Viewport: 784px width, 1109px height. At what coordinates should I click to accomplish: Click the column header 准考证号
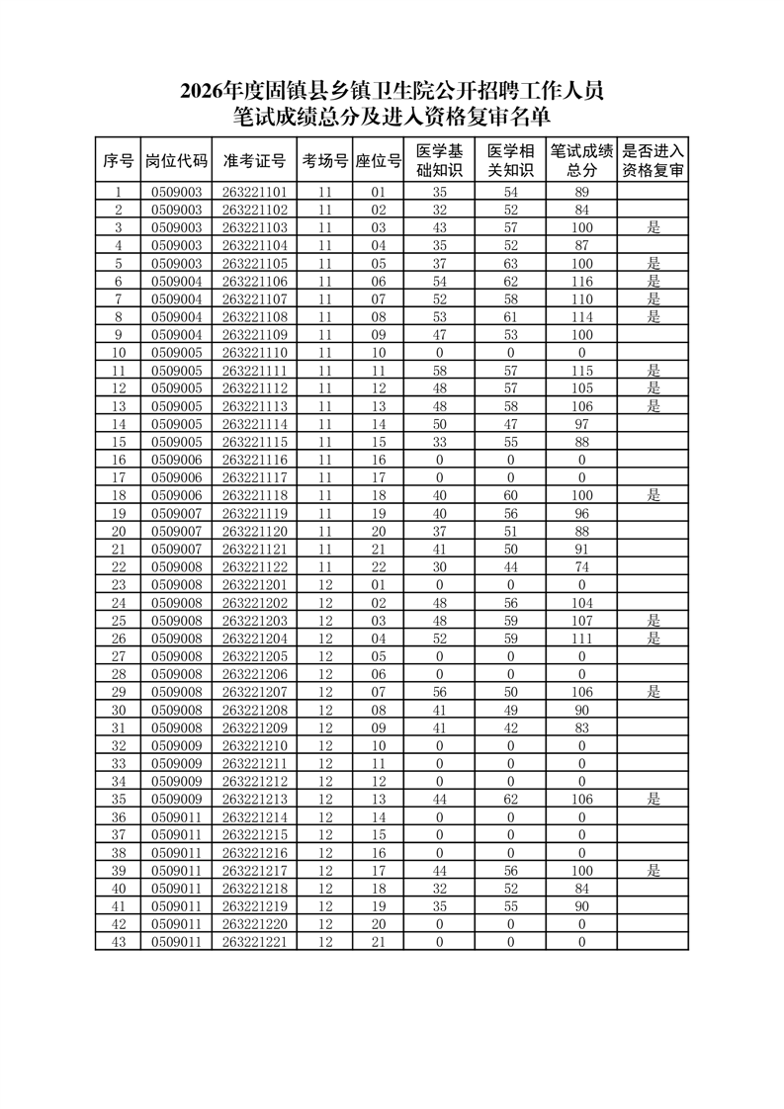(254, 161)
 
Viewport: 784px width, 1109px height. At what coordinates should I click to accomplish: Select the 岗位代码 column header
(176, 161)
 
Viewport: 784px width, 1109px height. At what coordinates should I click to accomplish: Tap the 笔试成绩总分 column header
(581, 161)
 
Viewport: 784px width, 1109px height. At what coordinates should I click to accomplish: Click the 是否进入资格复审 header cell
(653, 161)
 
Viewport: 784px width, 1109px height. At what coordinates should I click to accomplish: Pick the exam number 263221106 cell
(254, 281)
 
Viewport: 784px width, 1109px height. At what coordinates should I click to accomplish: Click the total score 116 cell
(581, 281)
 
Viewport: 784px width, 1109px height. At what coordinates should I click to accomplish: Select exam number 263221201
(254, 584)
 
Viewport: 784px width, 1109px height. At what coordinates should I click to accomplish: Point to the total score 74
(581, 566)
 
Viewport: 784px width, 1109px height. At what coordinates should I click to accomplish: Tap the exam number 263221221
(254, 941)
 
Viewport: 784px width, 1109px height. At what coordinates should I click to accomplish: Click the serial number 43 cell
(119, 941)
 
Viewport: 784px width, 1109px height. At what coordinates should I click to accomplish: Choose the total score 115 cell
(581, 370)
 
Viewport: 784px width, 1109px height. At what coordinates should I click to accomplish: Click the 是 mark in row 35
(653, 799)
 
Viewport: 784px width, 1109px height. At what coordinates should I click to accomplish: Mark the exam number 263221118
(254, 495)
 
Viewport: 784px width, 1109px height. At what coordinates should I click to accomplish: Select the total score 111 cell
(581, 638)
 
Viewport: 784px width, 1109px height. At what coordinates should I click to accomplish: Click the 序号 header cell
(119, 161)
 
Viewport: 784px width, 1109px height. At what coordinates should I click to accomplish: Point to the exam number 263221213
(254, 799)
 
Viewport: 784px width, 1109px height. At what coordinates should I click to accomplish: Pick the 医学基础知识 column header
(439, 161)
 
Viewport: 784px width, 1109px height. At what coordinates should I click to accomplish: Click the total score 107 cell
(581, 620)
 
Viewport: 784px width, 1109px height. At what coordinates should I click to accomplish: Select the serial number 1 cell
(119, 192)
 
